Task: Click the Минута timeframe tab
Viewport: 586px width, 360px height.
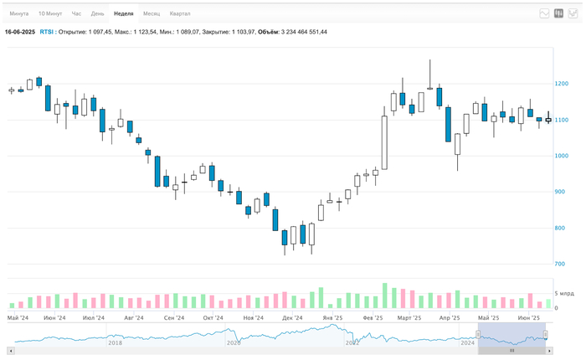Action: click(19, 14)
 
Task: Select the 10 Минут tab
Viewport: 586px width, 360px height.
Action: click(49, 14)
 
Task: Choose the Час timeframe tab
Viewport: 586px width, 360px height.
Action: click(77, 14)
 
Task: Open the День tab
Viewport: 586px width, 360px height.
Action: click(98, 14)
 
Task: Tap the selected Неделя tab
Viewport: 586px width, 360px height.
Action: click(123, 14)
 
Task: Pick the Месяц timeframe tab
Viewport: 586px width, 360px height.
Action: click(152, 14)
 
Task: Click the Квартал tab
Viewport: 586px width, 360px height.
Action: click(180, 14)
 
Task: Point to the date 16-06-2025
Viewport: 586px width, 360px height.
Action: click(20, 32)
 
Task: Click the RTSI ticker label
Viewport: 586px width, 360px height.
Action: click(48, 32)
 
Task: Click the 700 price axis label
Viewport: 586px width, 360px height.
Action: click(559, 265)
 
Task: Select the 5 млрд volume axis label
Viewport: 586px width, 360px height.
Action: click(564, 295)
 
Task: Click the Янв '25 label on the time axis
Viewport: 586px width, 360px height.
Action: click(332, 318)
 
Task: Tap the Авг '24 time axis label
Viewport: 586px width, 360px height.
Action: click(134, 318)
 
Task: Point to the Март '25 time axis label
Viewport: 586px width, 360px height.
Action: click(409, 318)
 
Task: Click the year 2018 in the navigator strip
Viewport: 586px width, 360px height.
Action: click(115, 342)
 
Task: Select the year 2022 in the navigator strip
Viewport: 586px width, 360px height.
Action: click(352, 342)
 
